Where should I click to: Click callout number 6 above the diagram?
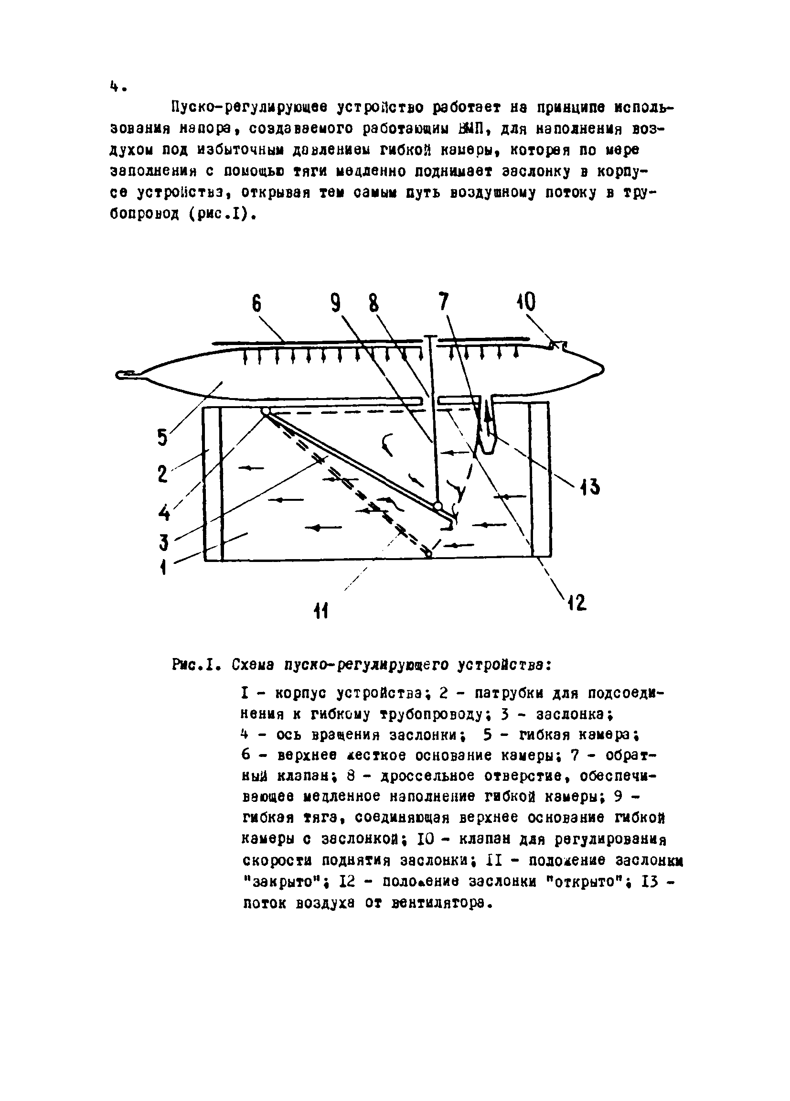256,304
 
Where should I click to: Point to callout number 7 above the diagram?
443,302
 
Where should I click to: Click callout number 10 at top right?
525,302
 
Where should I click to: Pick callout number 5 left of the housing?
162,437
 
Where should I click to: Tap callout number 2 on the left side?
162,474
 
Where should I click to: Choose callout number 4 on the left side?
164,513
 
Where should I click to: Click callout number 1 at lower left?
163,566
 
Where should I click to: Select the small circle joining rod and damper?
438,507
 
